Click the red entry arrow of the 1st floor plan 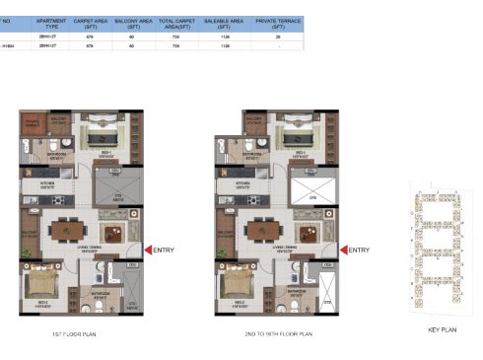pyautogui.click(x=148, y=251)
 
